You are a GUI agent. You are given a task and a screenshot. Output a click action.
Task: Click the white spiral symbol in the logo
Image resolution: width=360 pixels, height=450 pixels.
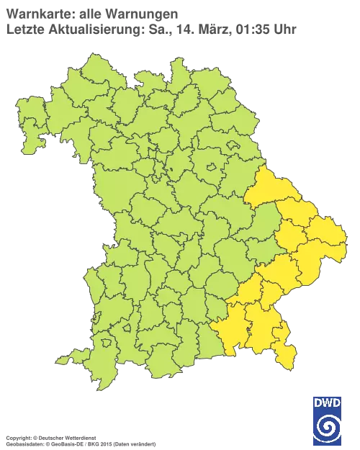pos(328,426)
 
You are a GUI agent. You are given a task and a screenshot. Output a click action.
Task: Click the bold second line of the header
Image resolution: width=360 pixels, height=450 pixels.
pos(86,30)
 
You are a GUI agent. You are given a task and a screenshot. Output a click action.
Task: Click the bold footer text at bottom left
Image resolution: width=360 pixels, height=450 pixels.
pos(50,437)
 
